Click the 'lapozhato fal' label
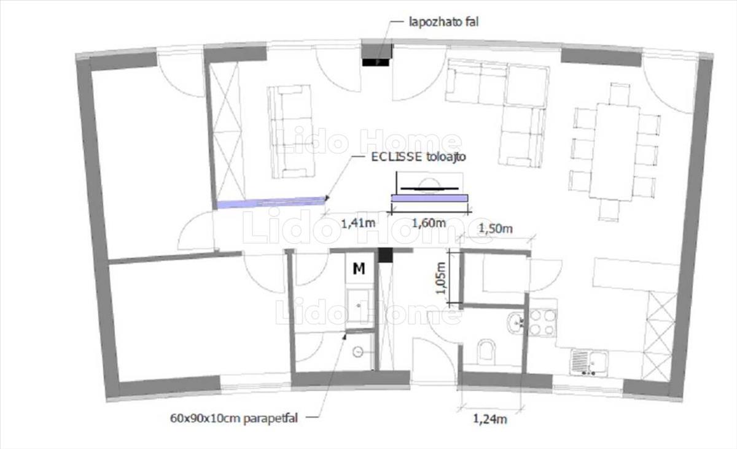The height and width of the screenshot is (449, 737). click(443, 22)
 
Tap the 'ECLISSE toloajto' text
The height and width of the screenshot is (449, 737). click(418, 157)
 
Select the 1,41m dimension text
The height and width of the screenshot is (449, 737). click(358, 223)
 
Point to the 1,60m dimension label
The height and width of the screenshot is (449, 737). click(429, 223)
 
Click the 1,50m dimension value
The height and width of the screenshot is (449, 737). click(495, 228)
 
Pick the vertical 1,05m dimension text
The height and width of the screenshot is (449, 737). click(440, 278)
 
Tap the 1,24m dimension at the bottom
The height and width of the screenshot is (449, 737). click(490, 419)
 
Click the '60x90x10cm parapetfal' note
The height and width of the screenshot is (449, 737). click(234, 418)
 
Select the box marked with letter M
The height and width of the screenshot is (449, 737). click(359, 269)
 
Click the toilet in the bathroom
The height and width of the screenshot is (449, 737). click(486, 352)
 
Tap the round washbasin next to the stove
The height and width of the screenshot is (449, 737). click(515, 322)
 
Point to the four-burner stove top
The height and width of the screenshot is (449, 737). click(542, 323)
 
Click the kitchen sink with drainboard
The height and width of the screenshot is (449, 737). click(589, 363)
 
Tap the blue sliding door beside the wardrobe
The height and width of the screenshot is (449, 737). click(271, 202)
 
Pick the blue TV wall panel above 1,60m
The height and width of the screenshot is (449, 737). click(429, 198)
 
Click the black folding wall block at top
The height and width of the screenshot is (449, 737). click(375, 62)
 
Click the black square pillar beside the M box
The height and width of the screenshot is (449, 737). click(385, 255)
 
